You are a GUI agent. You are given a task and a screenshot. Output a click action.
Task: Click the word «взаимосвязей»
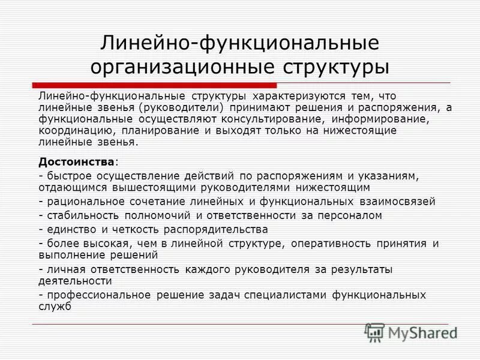[398, 202]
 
